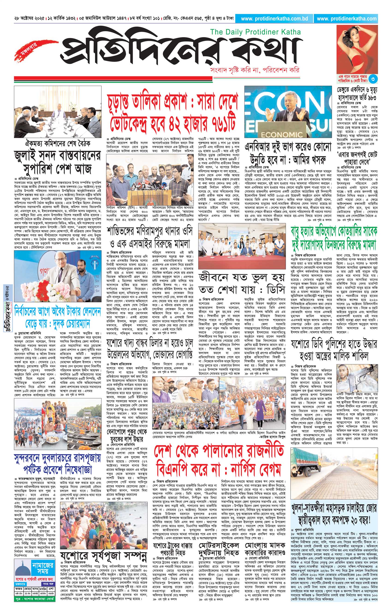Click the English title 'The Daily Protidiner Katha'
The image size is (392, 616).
coord(255,32)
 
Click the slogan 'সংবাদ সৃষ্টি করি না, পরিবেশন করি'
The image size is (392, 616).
coord(254,70)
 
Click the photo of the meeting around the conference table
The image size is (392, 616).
coord(58,112)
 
